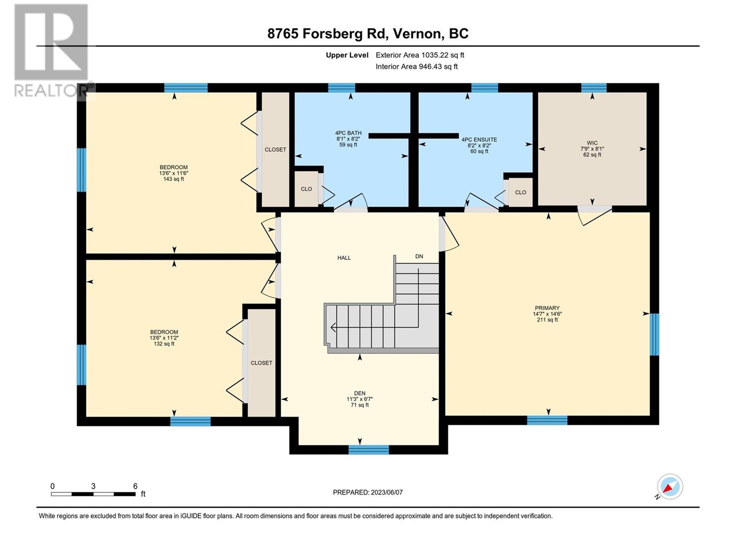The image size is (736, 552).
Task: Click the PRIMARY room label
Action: click(547, 308)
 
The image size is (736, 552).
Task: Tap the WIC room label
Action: click(592, 143)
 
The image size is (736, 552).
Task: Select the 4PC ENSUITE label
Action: click(479, 139)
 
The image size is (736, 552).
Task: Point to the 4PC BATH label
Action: click(348, 133)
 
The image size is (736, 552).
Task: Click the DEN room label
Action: click(360, 393)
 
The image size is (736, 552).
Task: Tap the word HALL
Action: click(344, 258)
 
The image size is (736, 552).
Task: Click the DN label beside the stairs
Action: click(419, 256)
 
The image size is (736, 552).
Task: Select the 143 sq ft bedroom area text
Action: click(173, 179)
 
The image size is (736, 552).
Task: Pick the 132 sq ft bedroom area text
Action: click(164, 344)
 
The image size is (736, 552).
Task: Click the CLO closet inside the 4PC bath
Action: click(306, 189)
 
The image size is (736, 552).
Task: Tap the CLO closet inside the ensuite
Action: click(520, 192)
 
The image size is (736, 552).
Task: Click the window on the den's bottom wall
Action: click(368, 450)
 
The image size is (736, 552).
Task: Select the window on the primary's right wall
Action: click(655, 334)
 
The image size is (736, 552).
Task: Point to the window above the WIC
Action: click(593, 88)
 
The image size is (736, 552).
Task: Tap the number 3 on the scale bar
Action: click(93, 486)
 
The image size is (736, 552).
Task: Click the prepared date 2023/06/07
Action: click(386, 492)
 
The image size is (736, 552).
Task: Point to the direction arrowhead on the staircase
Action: click(333, 327)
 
